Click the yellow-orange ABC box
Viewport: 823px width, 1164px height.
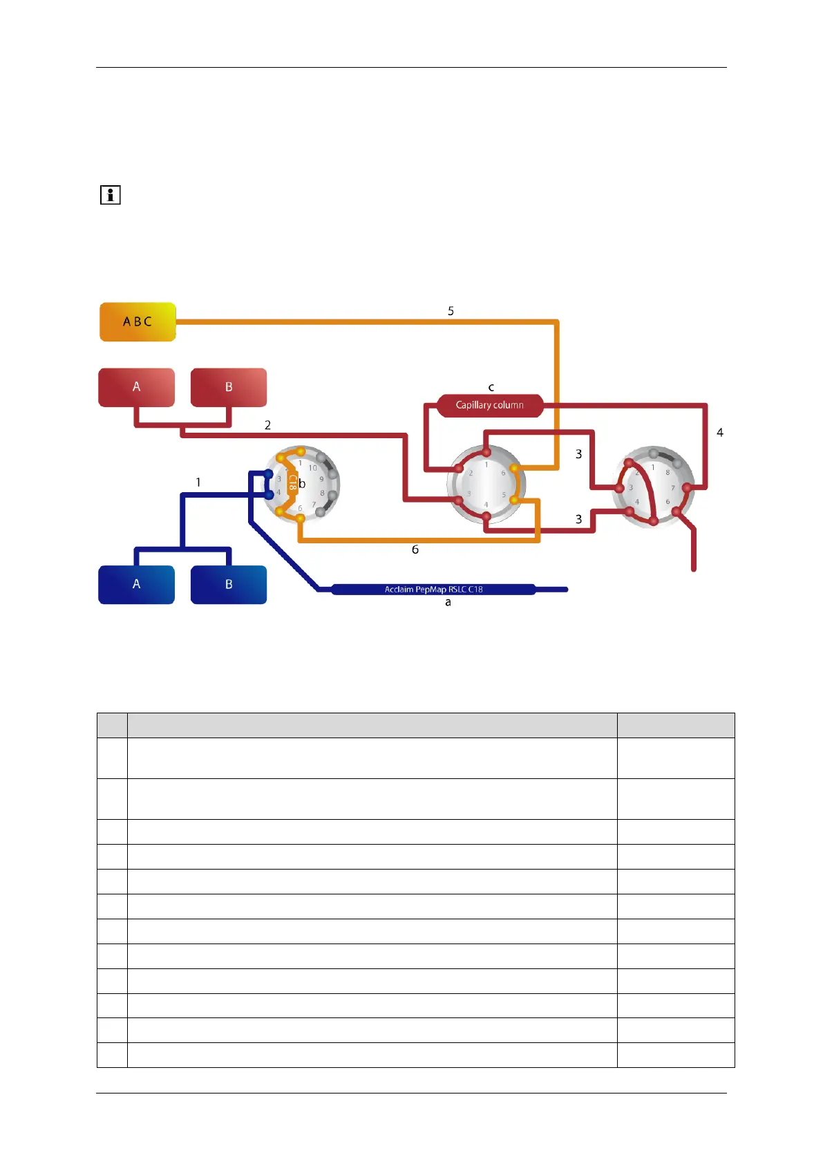138,322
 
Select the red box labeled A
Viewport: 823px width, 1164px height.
136,387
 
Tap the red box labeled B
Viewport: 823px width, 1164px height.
229,387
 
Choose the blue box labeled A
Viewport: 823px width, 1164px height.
136,584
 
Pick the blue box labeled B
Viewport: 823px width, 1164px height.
229,584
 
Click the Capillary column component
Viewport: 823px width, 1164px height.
489,405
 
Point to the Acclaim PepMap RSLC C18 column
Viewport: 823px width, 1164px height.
433,590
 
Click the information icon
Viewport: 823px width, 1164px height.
111,195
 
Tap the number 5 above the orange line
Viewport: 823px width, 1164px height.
451,311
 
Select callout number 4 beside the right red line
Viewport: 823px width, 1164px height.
720,433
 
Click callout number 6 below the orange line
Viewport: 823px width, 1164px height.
415,550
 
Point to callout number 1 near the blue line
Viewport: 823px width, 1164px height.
198,482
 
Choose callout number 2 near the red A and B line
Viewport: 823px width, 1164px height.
268,425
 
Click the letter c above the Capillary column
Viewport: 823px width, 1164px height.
491,388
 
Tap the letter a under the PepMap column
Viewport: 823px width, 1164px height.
448,603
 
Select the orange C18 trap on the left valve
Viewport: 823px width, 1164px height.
292,482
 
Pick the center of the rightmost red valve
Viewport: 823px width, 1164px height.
653,487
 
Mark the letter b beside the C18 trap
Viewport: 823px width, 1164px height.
302,484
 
